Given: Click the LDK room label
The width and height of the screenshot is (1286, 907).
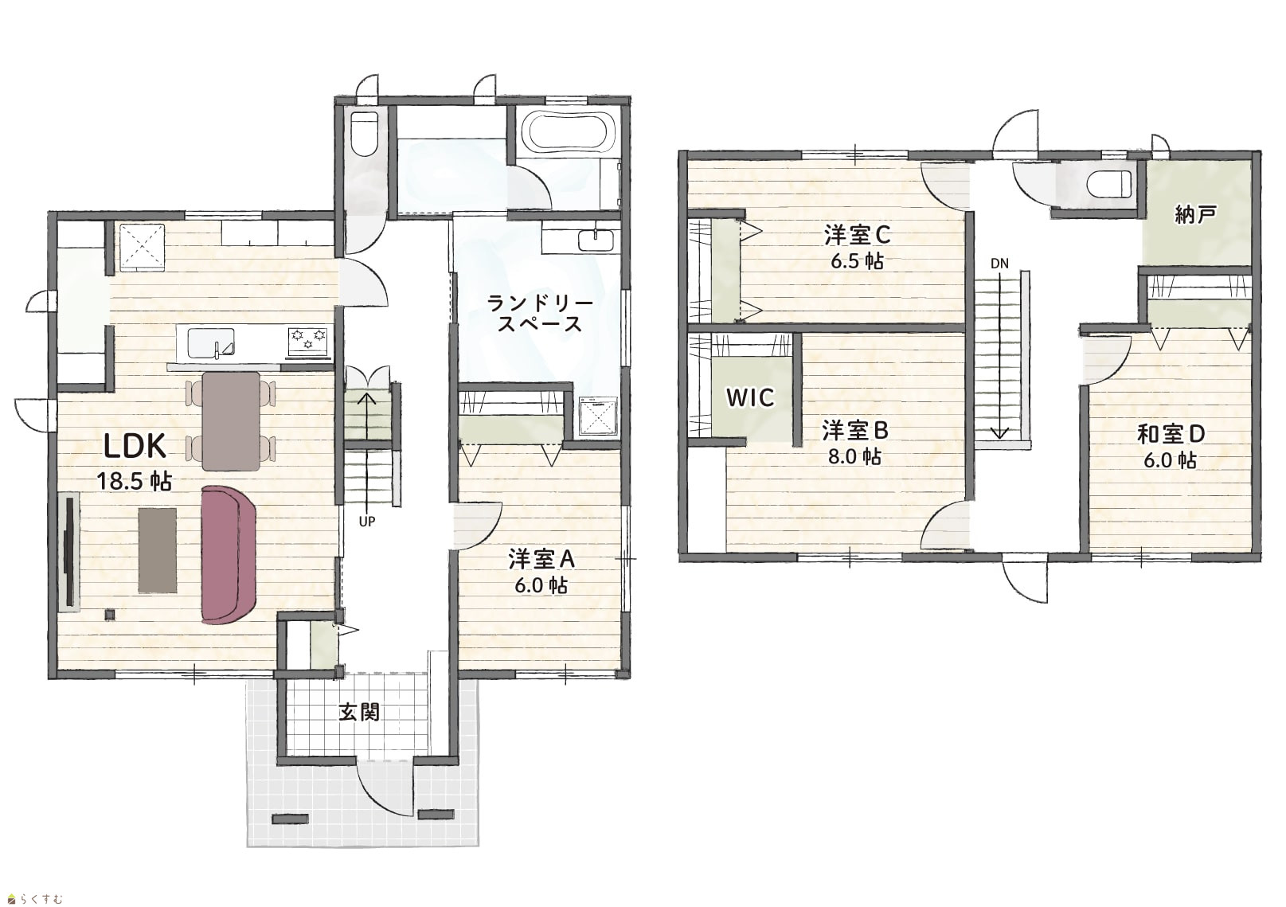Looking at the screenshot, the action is [x=135, y=446].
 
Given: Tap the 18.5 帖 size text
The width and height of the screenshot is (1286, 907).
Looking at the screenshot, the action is [x=135, y=481].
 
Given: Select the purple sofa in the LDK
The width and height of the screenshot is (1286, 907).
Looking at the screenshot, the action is [x=229, y=554].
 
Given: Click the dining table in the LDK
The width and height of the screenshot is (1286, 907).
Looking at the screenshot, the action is [x=232, y=420].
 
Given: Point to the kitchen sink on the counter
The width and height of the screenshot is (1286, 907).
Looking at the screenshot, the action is [x=211, y=342].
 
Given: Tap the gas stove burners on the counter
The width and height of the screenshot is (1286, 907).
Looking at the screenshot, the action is [x=309, y=339].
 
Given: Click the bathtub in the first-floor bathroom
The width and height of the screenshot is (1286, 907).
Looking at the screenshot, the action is [x=567, y=133].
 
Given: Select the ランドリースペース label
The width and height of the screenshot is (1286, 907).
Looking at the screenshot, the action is [x=539, y=313].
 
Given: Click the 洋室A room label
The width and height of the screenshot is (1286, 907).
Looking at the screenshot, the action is [x=541, y=559].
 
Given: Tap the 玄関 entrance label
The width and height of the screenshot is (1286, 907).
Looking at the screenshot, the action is [x=359, y=713].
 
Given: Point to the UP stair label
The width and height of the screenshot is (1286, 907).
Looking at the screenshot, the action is [x=367, y=522].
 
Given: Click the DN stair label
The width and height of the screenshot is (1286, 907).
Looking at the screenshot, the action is [x=999, y=264].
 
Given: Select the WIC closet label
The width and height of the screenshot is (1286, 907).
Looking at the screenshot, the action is [x=750, y=397].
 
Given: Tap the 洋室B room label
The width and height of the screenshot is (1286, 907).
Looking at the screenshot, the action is [x=855, y=430].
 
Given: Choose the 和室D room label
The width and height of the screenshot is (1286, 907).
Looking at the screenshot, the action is [x=1171, y=435].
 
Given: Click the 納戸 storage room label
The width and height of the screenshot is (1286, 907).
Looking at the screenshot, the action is [x=1194, y=215].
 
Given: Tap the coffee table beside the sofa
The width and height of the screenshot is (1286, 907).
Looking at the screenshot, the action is [x=158, y=550].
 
